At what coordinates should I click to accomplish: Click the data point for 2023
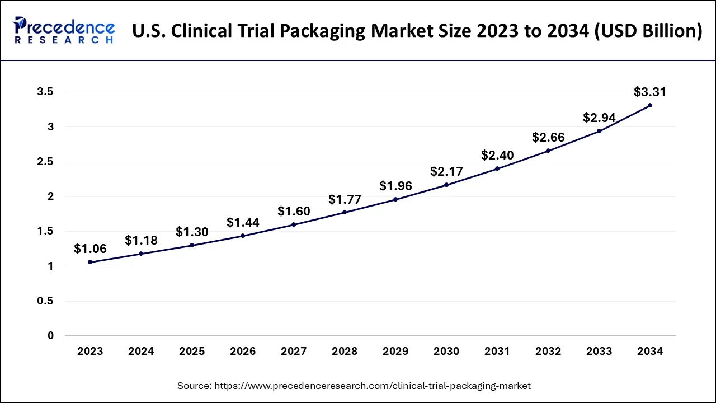[90, 262]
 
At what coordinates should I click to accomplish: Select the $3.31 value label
[649, 92]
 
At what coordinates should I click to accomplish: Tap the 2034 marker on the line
[649, 105]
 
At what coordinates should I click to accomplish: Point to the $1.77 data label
[345, 199]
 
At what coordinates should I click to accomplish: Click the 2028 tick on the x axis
[345, 352]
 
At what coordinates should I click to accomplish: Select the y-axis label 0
[51, 336]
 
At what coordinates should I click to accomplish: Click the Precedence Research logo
[64, 30]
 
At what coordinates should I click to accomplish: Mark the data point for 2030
[446, 185]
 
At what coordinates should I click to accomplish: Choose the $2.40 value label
[497, 155]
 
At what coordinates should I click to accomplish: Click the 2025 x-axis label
[192, 352]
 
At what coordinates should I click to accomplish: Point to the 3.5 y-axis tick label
[46, 92]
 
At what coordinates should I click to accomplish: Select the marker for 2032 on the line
[548, 151]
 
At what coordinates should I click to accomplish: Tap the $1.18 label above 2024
[141, 241]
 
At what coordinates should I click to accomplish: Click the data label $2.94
[599, 118]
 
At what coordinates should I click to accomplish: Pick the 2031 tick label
[497, 352]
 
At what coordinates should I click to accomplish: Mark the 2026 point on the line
[243, 236]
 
